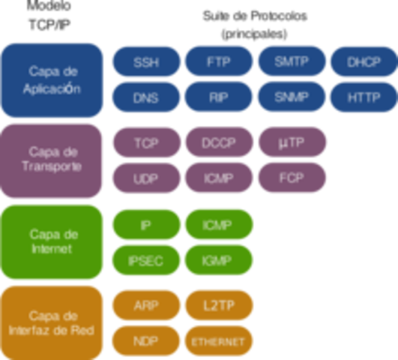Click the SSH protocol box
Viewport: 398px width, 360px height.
[146, 62]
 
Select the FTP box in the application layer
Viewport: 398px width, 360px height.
[219, 62]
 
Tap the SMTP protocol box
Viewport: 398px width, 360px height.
[292, 62]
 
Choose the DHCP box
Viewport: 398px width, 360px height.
[364, 62]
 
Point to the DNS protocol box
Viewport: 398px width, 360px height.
[146, 97]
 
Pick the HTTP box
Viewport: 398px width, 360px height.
[364, 97]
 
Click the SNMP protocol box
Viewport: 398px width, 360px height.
[292, 97]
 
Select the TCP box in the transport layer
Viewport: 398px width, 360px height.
[146, 142]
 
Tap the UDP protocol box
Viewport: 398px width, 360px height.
[146, 178]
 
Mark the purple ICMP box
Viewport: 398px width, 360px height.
[219, 178]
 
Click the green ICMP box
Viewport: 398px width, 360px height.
[219, 224]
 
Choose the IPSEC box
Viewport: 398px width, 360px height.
[146, 261]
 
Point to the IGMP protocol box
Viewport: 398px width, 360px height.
[219, 261]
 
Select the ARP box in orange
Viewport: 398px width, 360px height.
[146, 305]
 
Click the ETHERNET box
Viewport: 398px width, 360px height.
[219, 341]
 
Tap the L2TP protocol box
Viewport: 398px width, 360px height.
[219, 305]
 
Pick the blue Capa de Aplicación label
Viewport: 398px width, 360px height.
[52, 79]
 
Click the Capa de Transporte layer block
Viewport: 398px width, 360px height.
[52, 160]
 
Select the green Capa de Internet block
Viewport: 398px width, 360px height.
[52, 241]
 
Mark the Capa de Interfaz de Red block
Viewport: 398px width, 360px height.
[52, 322]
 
